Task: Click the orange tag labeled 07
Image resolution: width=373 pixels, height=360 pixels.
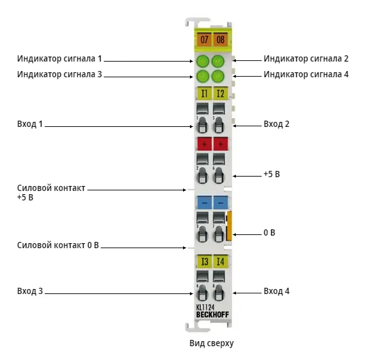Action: pos(204,40)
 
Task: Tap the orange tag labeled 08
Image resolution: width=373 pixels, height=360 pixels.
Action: pos(220,40)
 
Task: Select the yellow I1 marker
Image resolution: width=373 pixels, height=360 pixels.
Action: pos(204,94)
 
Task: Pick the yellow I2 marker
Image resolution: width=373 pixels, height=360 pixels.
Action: pos(220,94)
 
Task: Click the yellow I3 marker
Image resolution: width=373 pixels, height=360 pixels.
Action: pos(204,261)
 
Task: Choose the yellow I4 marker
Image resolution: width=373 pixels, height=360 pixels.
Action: pos(221,261)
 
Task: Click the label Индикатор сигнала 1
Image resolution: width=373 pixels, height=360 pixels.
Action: pos(60,58)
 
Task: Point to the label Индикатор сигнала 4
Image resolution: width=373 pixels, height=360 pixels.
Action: pos(306,74)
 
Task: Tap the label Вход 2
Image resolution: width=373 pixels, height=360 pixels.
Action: pos(276,124)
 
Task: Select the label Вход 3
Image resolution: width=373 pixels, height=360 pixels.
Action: pos(30,291)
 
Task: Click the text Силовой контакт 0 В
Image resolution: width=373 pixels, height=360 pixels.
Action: pos(58,245)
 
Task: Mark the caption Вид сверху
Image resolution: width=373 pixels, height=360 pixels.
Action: pos(211,344)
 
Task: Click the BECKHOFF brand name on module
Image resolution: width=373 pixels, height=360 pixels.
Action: pos(213,315)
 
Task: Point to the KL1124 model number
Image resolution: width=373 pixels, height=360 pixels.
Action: pos(205,307)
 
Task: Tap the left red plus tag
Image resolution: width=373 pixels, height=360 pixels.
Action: pos(204,144)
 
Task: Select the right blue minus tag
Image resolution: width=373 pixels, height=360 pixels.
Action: pos(221,203)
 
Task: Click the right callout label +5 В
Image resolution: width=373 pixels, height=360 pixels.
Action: pos(272,174)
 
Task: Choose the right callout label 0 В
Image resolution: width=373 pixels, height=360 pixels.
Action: pos(269,232)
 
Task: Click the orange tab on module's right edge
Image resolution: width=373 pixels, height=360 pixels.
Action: pos(230,226)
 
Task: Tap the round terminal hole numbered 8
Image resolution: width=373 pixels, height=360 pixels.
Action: pos(219,293)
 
